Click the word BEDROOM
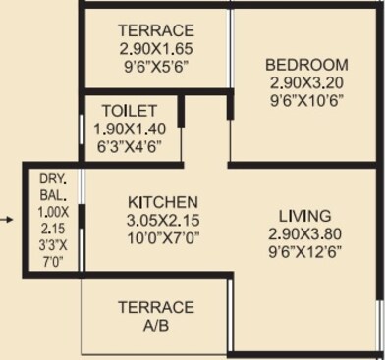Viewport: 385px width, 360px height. [306, 65]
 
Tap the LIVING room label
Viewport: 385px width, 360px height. [305, 217]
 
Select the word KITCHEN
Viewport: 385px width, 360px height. [163, 202]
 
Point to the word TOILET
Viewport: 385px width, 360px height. [130, 111]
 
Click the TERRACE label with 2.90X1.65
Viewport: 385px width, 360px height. [156, 30]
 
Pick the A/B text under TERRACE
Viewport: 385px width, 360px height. [156, 326]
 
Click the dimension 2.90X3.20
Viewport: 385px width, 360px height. [306, 83]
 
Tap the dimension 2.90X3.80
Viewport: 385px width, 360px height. [305, 234]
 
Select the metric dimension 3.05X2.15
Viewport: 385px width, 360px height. [163, 221]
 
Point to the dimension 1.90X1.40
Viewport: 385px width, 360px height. [130, 129]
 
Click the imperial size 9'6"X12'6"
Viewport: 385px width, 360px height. [305, 252]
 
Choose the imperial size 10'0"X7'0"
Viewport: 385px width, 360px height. [163, 238]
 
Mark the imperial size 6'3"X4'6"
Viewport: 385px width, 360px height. [130, 147]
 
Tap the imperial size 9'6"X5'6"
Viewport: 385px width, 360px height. [156, 67]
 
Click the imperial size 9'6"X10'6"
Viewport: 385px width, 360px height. [306, 101]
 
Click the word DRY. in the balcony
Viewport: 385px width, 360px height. [53, 179]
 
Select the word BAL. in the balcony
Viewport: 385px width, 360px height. [53, 195]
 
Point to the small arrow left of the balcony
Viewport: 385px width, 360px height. [6, 220]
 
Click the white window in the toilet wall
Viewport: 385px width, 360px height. [82, 129]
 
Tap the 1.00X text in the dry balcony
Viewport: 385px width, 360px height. [53, 213]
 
